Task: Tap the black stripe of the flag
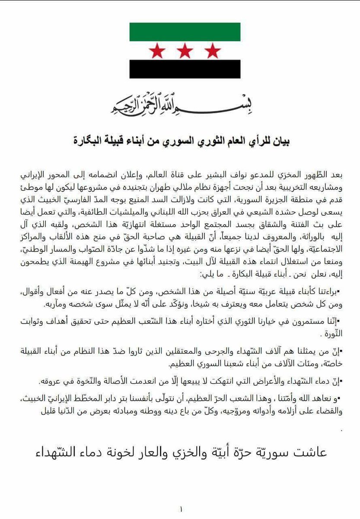[x=185, y=69]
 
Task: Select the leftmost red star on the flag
[x=157, y=51]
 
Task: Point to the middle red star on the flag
[x=185, y=51]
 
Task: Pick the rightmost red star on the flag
[x=212, y=51]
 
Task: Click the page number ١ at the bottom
[x=181, y=509]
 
